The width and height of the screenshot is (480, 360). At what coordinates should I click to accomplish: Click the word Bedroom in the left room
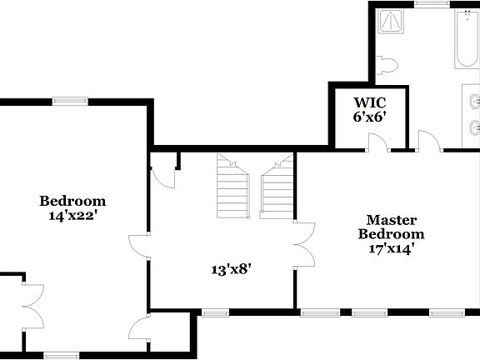click(73, 201)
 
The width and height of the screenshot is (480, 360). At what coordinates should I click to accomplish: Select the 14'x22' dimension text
click(73, 214)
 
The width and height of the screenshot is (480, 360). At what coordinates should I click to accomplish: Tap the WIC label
click(369, 102)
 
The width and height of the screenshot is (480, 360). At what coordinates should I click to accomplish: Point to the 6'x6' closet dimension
click(369, 117)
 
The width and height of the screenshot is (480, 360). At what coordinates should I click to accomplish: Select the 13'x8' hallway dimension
click(231, 268)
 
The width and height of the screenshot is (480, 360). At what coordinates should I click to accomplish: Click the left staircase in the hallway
click(232, 187)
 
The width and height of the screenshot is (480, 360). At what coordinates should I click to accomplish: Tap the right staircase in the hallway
click(277, 187)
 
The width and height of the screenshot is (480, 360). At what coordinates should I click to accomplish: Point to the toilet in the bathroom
click(386, 65)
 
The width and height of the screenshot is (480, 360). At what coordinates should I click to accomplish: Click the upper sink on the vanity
click(474, 102)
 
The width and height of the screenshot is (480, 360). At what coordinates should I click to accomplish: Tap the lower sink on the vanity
click(474, 127)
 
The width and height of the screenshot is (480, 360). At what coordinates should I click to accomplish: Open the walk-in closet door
click(378, 142)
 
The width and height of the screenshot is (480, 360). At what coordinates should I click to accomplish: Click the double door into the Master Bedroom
click(304, 244)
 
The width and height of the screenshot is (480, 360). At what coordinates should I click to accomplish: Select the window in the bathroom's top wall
click(427, 3)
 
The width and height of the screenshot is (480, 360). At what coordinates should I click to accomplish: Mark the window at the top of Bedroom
click(69, 102)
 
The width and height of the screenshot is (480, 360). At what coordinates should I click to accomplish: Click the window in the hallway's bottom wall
click(214, 313)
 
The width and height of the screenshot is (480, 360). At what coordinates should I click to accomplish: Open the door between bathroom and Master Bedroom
click(428, 142)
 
